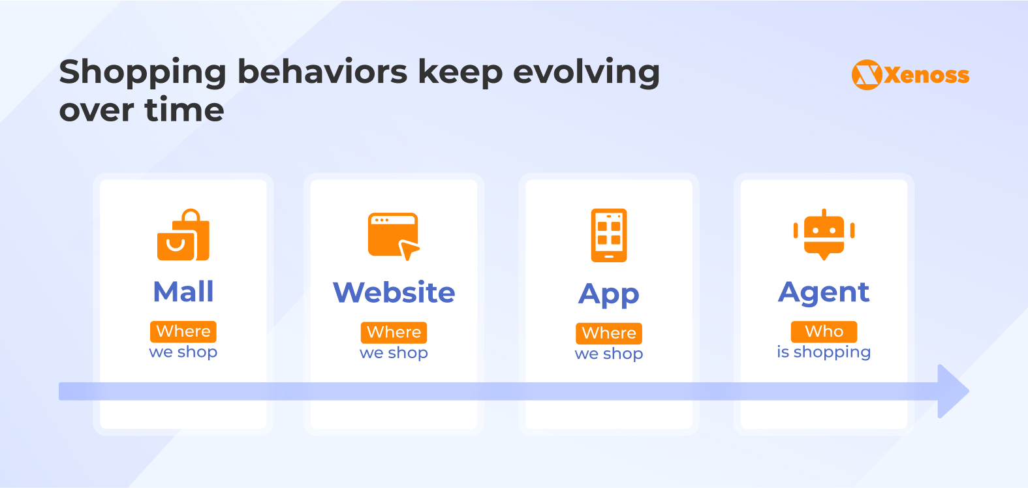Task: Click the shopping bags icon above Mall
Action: (x=183, y=235)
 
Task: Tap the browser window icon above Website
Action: (x=394, y=236)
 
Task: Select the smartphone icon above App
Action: (x=608, y=236)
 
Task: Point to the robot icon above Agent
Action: (x=824, y=234)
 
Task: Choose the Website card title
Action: (x=394, y=292)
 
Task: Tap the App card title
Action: (x=608, y=294)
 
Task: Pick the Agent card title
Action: (x=824, y=293)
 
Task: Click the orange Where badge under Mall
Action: (x=183, y=331)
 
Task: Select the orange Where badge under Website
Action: (x=394, y=332)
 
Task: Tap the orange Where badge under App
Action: (x=608, y=333)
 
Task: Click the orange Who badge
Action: (x=824, y=331)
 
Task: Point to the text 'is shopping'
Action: (x=824, y=352)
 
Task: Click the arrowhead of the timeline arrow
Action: (x=953, y=391)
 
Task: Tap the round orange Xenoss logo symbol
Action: (x=867, y=75)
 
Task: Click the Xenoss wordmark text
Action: (x=927, y=75)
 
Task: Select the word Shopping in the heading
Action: (x=143, y=73)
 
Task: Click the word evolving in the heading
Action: (x=586, y=73)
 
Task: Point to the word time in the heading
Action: (x=184, y=110)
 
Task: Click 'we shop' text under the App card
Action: (x=608, y=354)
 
